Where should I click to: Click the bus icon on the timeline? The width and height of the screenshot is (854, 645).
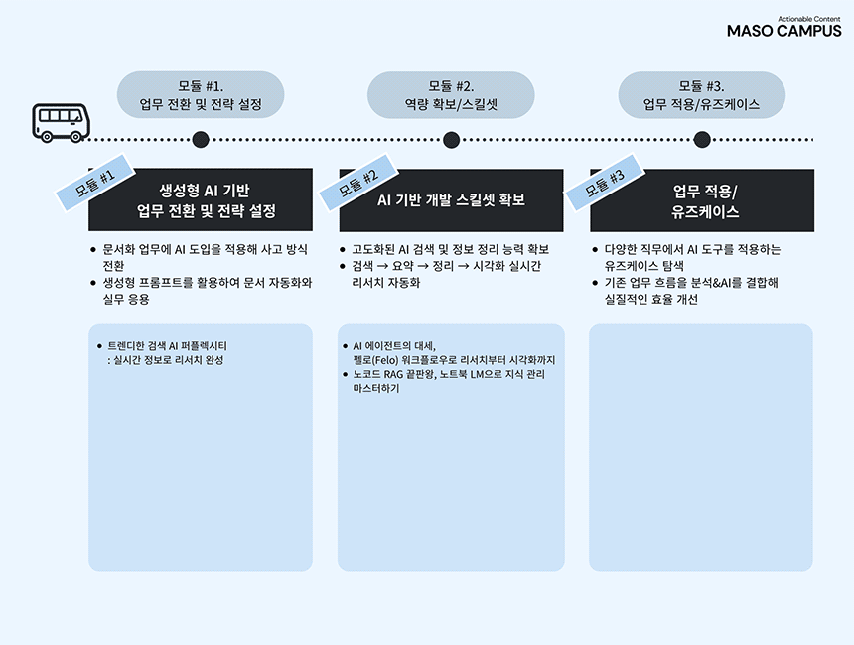pos(61,123)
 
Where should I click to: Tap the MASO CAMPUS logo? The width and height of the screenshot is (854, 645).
pos(783,29)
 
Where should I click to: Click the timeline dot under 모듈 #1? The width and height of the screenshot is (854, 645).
pos(201,140)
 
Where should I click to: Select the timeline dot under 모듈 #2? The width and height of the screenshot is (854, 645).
pos(451,140)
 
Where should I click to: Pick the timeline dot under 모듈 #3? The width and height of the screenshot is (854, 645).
pos(701,140)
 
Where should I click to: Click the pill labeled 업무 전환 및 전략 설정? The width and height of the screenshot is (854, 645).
pos(201,95)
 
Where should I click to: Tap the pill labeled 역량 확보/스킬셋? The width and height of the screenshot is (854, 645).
pos(451,95)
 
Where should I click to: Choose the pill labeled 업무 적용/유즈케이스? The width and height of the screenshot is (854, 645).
pos(701,95)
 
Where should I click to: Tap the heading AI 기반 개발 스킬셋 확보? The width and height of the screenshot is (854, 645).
pos(451,200)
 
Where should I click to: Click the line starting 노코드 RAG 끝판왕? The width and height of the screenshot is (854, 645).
pos(442,375)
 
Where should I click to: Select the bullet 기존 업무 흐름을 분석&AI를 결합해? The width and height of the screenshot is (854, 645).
pos(691,283)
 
